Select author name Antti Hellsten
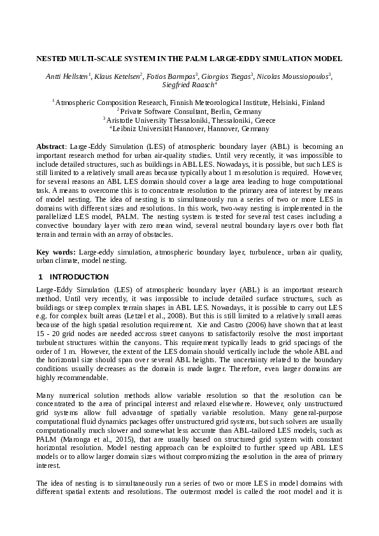click(68, 76)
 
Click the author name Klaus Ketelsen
click(118, 76)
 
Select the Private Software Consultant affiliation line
click(189, 111)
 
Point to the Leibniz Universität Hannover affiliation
click(189, 128)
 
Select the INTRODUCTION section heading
click(79, 277)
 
